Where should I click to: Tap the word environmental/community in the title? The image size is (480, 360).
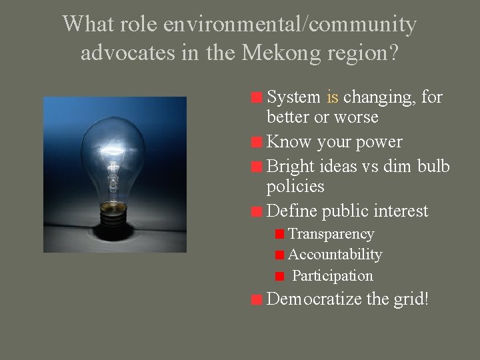(290, 25)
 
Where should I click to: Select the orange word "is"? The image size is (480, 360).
(333, 97)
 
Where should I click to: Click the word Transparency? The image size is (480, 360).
(331, 234)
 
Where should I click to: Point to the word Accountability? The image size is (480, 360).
(335, 255)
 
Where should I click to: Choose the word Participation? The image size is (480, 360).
(332, 275)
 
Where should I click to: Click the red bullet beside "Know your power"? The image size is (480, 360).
(256, 143)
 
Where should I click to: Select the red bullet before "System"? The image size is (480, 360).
(256, 98)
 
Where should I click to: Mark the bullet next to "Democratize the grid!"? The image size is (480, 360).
(256, 300)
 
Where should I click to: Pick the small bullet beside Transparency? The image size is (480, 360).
(280, 235)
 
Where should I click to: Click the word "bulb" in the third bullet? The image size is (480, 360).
(433, 166)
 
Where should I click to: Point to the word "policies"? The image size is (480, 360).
(295, 186)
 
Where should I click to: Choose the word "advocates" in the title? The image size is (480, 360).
(127, 52)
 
